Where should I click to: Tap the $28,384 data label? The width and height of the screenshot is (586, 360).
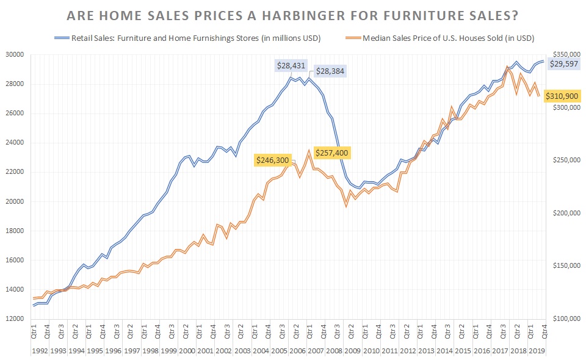(x=330, y=71)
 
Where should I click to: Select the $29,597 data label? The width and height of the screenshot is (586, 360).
(x=565, y=64)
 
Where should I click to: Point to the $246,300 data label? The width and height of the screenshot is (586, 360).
(x=273, y=159)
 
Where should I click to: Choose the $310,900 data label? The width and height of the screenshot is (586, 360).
(x=564, y=96)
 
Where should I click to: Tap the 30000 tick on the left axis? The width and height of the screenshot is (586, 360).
(x=14, y=54)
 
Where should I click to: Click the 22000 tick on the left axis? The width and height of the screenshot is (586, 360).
(x=14, y=172)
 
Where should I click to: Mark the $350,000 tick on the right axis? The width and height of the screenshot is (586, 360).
(x=566, y=54)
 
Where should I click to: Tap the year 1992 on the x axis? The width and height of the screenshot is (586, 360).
(x=40, y=351)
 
